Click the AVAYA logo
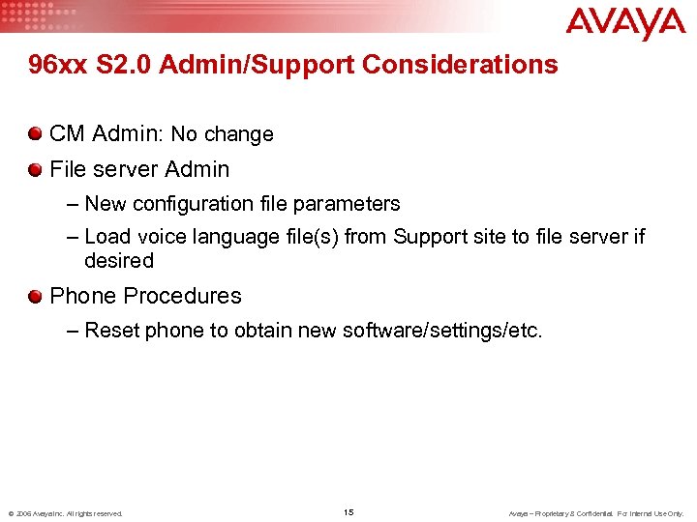click(625, 23)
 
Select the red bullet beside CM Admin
click(36, 133)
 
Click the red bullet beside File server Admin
click(36, 169)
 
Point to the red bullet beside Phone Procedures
click(36, 296)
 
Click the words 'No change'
click(222, 134)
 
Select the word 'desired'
click(119, 261)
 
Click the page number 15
click(348, 511)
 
